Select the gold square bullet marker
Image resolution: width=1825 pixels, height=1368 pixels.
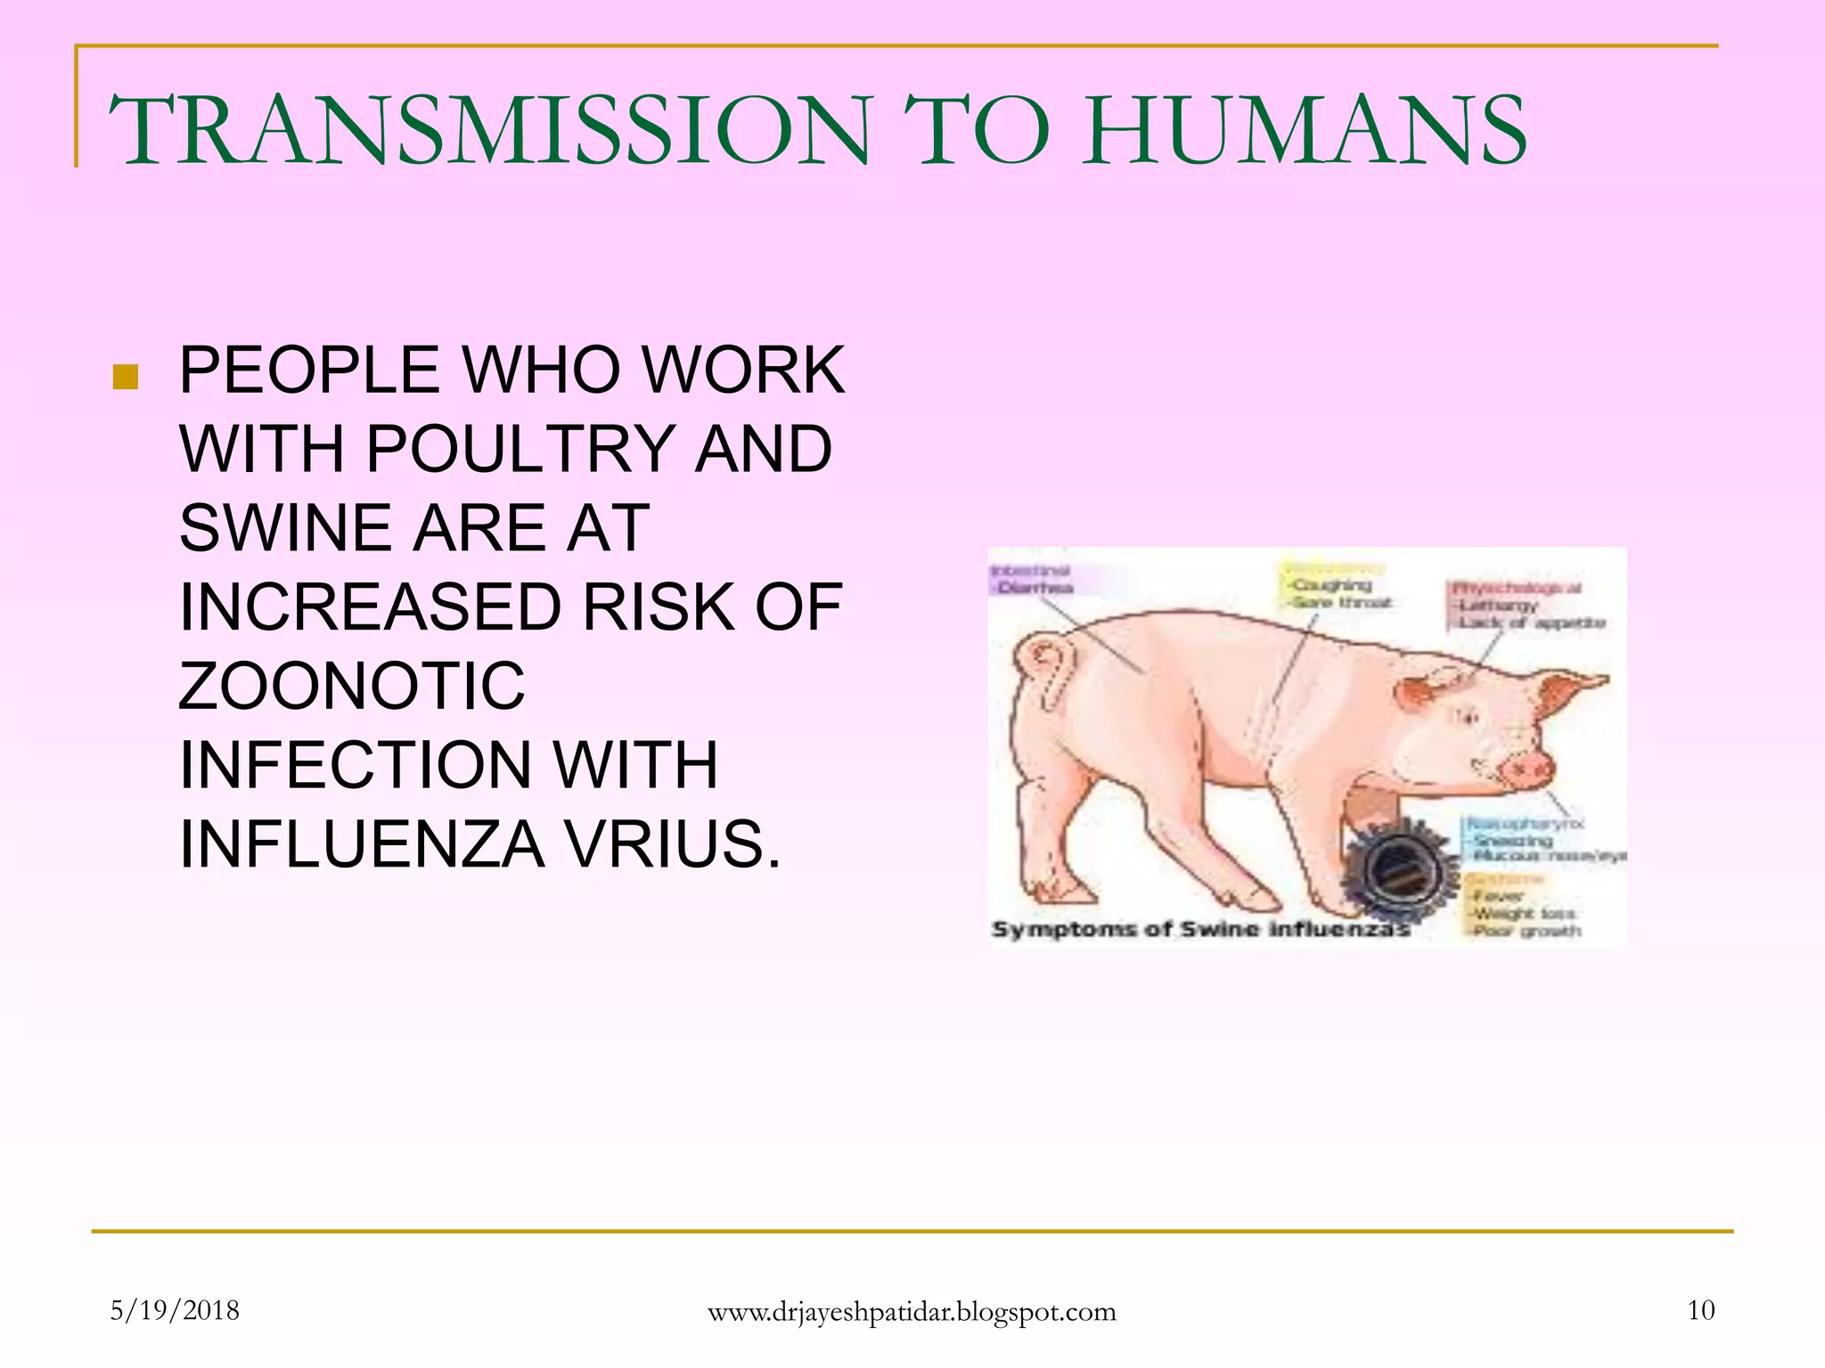tap(126, 377)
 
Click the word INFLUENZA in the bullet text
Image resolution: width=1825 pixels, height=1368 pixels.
tap(362, 844)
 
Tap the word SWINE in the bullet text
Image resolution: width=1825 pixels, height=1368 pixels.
tap(284, 527)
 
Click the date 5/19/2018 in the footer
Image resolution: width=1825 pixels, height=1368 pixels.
tap(175, 1310)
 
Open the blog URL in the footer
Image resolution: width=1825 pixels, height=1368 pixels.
tap(911, 1312)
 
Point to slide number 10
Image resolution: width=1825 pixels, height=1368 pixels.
tap(1700, 1310)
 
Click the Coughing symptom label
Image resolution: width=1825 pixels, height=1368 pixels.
tap(1331, 585)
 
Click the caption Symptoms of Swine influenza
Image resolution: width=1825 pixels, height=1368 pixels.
tap(1199, 930)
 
